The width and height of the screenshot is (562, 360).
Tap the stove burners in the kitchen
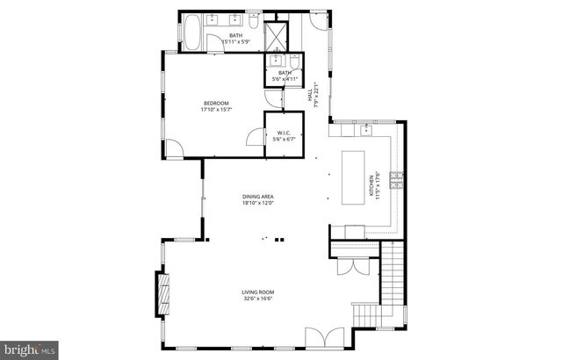click(397, 181)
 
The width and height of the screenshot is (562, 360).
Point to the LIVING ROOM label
click(259, 292)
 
